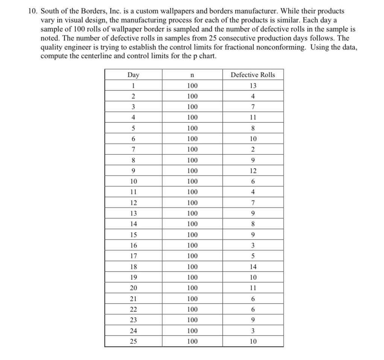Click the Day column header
(x=133, y=75)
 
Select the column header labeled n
(x=192, y=75)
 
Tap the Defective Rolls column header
(x=253, y=75)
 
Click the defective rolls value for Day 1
(x=253, y=85)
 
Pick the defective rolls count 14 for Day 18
(x=253, y=267)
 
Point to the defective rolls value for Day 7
(x=253, y=149)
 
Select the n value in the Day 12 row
(x=192, y=203)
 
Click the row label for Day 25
(x=133, y=342)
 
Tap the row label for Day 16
(x=133, y=246)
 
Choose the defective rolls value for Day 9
(x=253, y=171)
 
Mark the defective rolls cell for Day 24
(x=253, y=331)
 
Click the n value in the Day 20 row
(x=192, y=288)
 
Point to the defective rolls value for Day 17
(x=253, y=256)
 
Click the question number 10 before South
(x=33, y=11)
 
